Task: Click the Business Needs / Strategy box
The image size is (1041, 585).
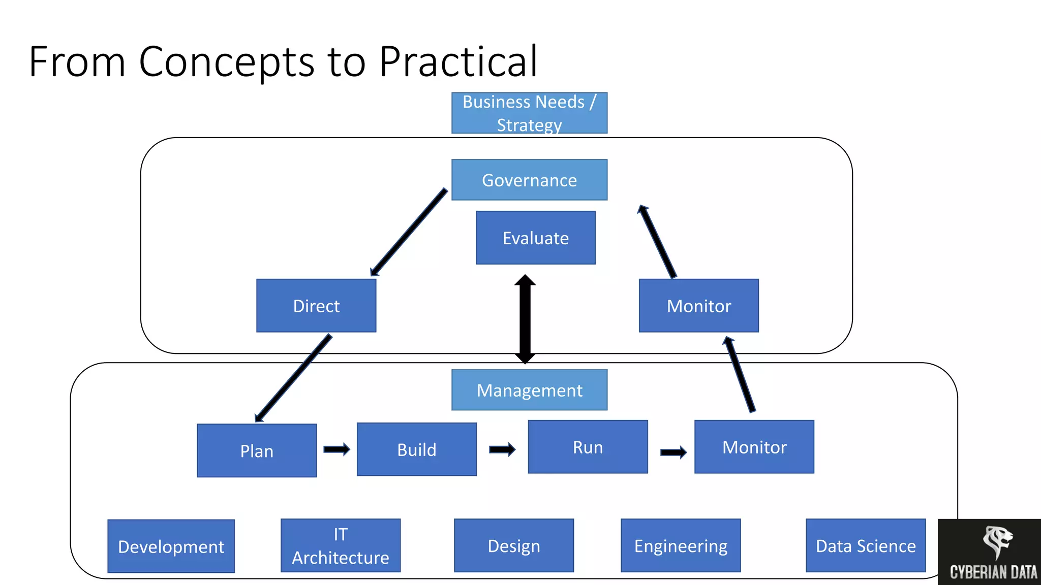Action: tap(529, 113)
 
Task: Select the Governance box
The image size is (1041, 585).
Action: tap(529, 180)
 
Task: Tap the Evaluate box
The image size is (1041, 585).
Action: tap(535, 238)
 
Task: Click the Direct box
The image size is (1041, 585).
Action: tap(316, 306)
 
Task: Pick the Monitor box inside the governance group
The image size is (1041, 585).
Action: tap(698, 306)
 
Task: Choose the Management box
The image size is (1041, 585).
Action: tap(529, 390)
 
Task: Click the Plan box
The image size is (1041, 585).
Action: tap(257, 450)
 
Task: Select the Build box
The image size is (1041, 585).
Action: tap(416, 449)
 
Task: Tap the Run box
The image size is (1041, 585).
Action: tap(588, 447)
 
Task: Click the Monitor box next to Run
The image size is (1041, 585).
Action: tap(754, 447)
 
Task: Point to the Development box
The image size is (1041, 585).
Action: tap(171, 546)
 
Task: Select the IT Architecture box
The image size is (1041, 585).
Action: tap(340, 546)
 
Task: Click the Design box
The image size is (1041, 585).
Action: tap(513, 546)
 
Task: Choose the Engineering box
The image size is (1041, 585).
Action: tap(680, 546)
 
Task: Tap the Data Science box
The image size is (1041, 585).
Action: tap(865, 546)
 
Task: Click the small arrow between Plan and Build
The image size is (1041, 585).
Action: tap(336, 449)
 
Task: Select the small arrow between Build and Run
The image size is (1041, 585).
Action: tap(502, 449)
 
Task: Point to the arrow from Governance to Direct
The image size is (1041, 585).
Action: tap(409, 232)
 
